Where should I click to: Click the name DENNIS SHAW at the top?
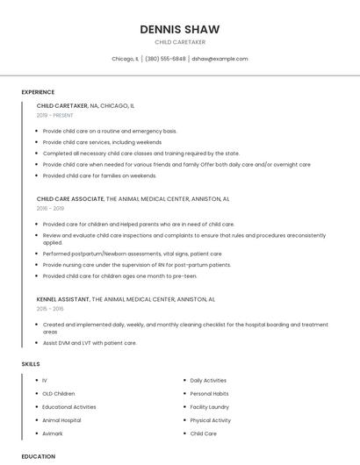click(x=179, y=29)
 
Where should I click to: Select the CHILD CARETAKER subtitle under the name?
click(x=179, y=42)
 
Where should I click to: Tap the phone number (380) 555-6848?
click(x=165, y=59)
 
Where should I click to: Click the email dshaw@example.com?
click(x=220, y=59)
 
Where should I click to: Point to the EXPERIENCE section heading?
click(x=38, y=92)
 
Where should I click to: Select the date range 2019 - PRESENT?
click(x=54, y=115)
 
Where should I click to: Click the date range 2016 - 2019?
click(x=50, y=209)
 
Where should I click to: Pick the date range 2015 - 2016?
click(x=50, y=309)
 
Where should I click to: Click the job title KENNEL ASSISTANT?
click(x=63, y=299)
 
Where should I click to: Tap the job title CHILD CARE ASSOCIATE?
click(x=70, y=199)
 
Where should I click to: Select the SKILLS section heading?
click(x=31, y=363)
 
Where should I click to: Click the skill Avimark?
click(x=52, y=433)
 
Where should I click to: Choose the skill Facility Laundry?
click(x=209, y=407)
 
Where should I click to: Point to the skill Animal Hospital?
click(x=61, y=420)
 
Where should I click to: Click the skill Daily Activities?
click(x=208, y=381)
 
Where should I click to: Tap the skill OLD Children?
click(x=59, y=394)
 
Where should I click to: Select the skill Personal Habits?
click(x=209, y=394)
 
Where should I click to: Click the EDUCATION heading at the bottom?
click(x=38, y=456)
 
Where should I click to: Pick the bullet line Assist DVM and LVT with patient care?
click(x=90, y=343)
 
